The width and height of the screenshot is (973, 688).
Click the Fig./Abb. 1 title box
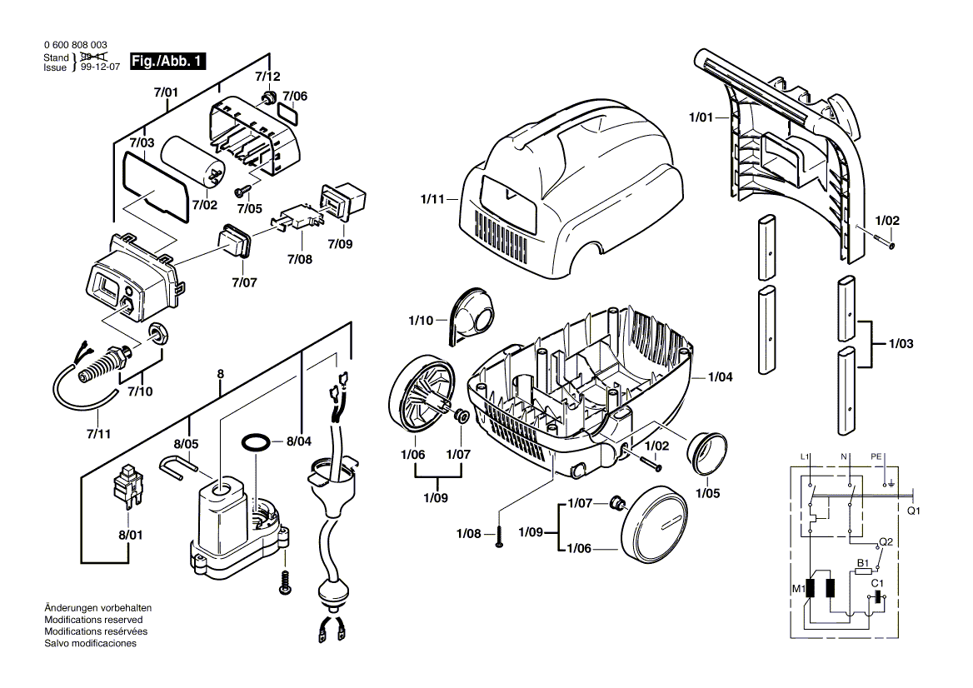(x=167, y=61)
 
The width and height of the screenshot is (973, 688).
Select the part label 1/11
(x=433, y=200)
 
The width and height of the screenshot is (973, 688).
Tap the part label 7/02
(x=204, y=204)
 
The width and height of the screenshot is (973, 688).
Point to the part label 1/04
(x=720, y=377)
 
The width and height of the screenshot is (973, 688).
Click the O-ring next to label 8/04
(x=256, y=441)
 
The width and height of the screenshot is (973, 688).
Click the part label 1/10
(x=422, y=320)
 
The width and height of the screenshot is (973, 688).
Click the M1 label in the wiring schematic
(x=796, y=589)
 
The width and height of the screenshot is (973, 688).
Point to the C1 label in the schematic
(x=877, y=584)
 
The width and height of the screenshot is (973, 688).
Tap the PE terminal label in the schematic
(x=876, y=457)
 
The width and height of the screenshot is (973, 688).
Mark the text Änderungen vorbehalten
(x=97, y=609)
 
